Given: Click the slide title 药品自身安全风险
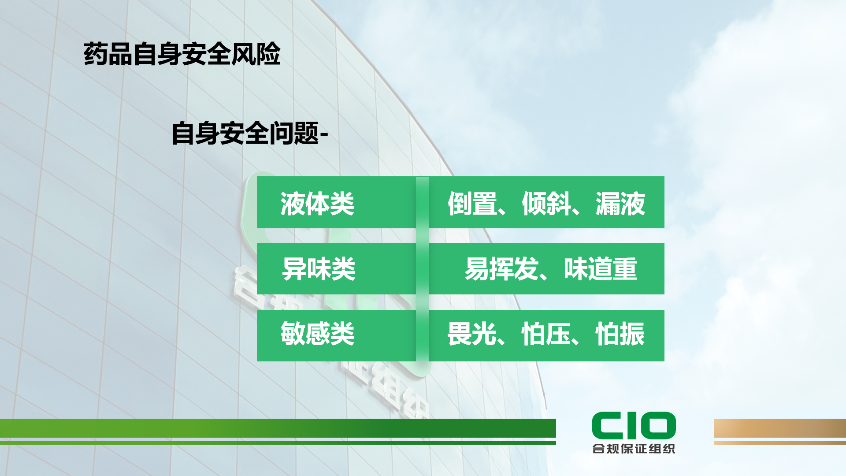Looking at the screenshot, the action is (182, 54).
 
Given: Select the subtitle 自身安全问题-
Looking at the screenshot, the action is (250, 133).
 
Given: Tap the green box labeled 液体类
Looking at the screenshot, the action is (336, 202).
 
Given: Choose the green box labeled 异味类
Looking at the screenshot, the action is (336, 269).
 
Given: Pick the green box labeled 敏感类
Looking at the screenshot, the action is (336, 335).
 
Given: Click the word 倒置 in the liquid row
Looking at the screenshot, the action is (472, 204).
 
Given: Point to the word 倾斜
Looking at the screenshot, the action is (546, 204).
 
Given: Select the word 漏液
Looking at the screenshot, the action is (620, 204).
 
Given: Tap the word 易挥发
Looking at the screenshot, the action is (501, 269).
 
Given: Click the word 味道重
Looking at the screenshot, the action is (601, 269).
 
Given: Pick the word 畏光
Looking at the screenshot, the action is (472, 334).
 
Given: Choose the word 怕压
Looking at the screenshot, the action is (546, 334).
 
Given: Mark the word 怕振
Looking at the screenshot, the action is (620, 334).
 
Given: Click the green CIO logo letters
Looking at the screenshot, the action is (634, 425).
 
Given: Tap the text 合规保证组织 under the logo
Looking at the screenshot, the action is (634, 449).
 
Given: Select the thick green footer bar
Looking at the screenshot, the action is (278, 428).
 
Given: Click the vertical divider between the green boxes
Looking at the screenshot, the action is (422, 269).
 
